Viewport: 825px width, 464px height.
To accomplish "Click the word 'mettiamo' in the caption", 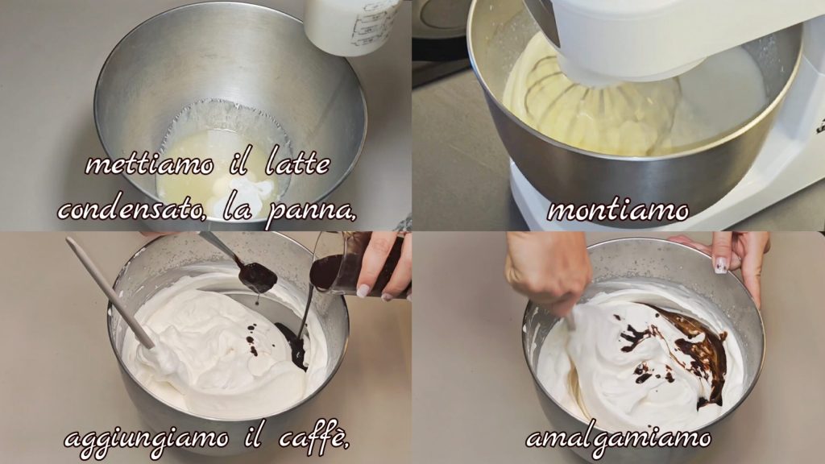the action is (149, 164).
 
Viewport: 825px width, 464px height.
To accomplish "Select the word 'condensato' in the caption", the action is (131, 209).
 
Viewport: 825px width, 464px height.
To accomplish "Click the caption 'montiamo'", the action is (618, 211).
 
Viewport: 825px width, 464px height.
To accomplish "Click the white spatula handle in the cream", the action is (110, 292).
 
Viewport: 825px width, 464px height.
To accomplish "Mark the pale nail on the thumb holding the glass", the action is (363, 290).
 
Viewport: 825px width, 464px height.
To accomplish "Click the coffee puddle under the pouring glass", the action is (292, 344).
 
